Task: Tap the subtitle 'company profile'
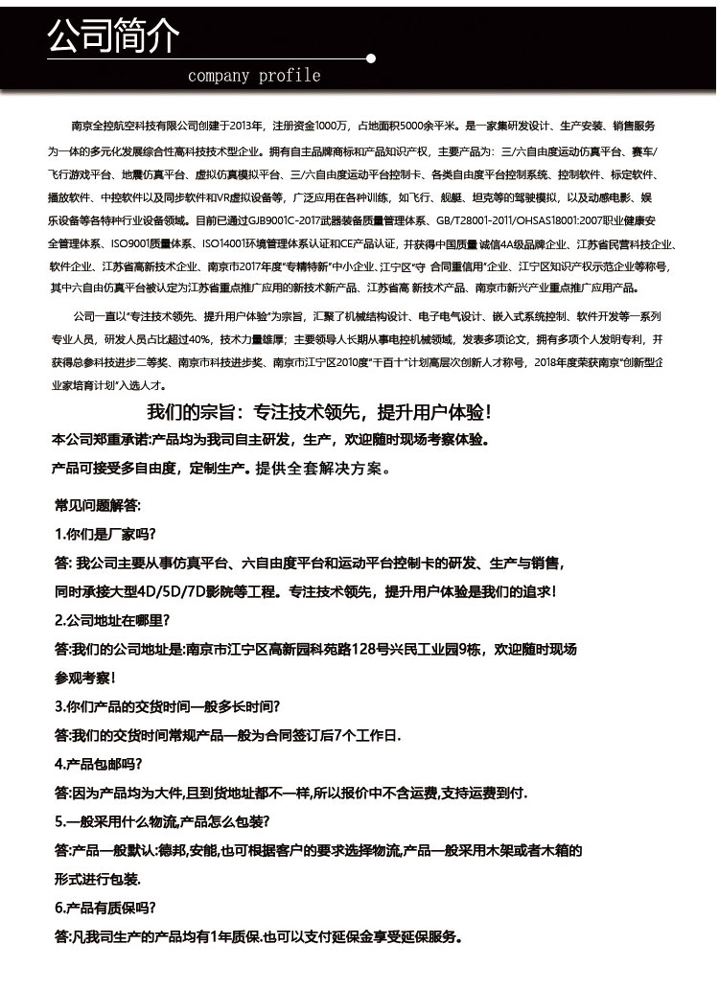254,76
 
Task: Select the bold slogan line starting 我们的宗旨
318,412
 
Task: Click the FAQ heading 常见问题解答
97,504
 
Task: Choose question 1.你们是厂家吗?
105,534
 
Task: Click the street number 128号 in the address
369,649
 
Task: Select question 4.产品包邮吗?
99,764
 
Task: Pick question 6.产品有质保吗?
105,908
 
